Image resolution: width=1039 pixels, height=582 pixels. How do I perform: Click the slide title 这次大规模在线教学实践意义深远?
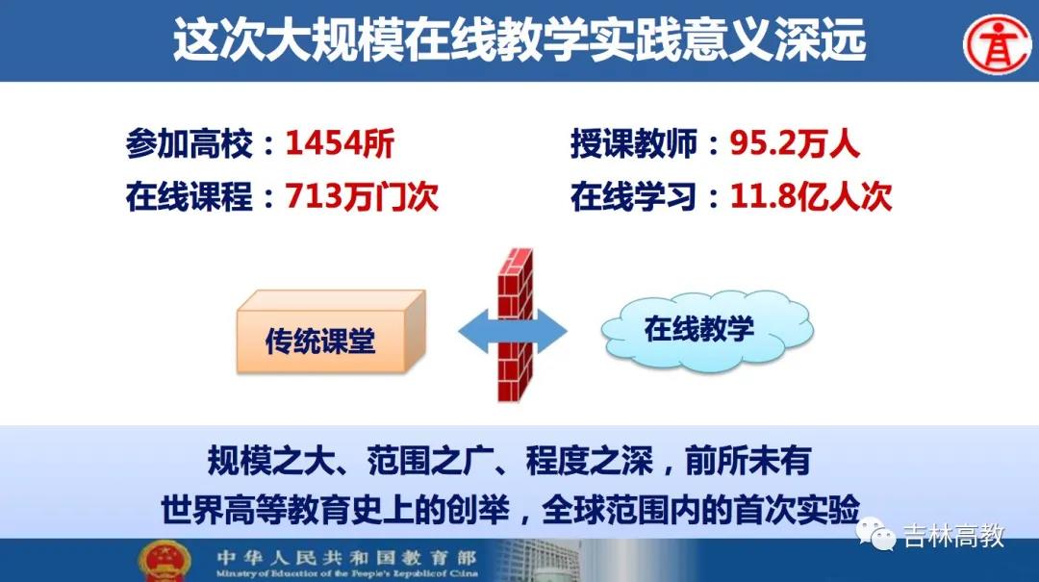519,39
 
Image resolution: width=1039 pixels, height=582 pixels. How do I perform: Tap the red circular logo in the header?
998,44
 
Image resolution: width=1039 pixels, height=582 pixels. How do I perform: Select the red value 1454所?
340,142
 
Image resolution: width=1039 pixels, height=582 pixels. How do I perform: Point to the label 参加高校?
190,143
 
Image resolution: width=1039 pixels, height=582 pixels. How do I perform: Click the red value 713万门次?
362,196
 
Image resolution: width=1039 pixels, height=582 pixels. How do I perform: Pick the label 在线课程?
190,197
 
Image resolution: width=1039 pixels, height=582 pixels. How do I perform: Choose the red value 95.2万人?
795,143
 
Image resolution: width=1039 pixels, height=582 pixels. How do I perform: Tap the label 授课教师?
634,143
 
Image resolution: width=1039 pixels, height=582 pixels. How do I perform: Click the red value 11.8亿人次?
811,197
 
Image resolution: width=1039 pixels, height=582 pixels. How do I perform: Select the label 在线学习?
634,197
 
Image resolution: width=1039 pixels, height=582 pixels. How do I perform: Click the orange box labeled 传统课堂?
331,332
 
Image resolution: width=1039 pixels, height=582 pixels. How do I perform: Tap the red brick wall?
516,325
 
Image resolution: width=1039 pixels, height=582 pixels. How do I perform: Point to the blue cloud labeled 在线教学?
707,329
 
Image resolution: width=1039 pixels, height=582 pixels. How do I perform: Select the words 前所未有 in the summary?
748,461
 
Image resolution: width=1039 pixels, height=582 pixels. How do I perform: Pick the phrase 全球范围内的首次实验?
700,510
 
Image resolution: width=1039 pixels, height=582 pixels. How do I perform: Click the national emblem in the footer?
165,562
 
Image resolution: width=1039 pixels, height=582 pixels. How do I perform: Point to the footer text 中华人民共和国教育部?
346,558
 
